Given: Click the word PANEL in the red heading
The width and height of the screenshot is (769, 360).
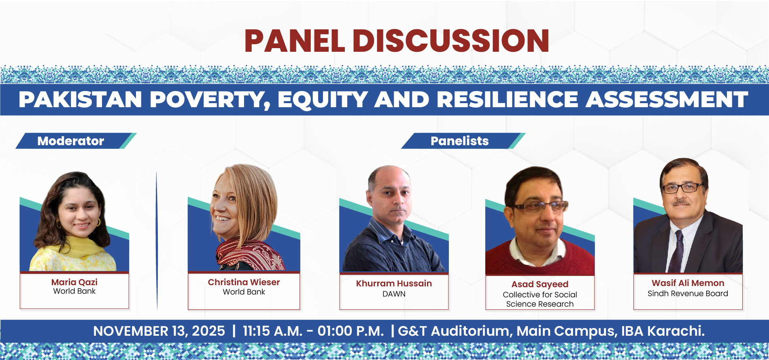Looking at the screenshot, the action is [295, 41].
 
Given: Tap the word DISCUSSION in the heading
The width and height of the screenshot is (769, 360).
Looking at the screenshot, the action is [451, 41].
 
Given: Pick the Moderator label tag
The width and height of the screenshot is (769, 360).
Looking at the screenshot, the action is [76, 141].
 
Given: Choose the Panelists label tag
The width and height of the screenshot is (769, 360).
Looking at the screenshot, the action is [463, 141].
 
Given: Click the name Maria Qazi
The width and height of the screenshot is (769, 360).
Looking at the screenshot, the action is [74, 282].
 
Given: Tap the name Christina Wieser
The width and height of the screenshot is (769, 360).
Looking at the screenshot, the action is [244, 282].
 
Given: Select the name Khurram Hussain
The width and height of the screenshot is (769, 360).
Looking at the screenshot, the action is [394, 284].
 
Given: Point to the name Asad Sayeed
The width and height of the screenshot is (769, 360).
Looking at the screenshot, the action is [540, 285].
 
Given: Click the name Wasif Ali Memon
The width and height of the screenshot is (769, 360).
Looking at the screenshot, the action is [688, 283].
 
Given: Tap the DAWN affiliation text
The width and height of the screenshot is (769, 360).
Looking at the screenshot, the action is [394, 294].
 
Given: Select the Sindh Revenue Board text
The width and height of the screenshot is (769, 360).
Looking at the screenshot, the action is [688, 294].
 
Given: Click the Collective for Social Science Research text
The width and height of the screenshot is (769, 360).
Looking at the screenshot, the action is [540, 299].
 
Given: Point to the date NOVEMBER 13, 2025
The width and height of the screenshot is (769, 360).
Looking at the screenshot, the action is [159, 331].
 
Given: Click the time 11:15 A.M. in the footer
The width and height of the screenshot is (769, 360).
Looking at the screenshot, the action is [272, 331].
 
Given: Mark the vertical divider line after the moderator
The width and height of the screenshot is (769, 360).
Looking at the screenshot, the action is [157, 240].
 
